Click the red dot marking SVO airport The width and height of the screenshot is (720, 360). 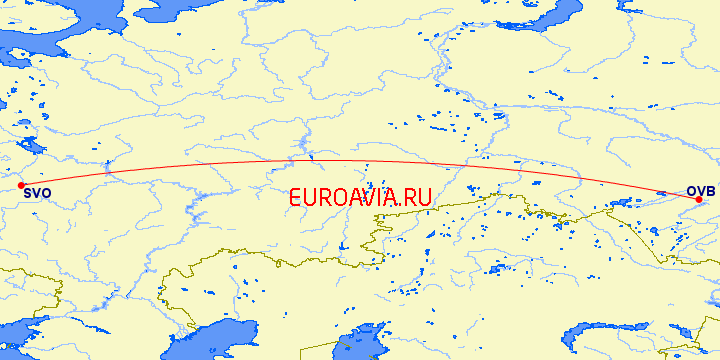pos(21,185)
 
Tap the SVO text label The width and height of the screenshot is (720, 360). pos(37,192)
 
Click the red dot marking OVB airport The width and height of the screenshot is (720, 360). pos(698,199)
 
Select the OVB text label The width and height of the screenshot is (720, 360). pos(700,190)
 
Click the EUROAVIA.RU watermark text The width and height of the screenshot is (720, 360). pos(360,197)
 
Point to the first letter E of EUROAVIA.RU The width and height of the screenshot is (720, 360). pos(296,197)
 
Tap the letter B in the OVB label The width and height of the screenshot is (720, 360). pos(709,190)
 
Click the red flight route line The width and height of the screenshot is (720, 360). pos(360,161)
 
